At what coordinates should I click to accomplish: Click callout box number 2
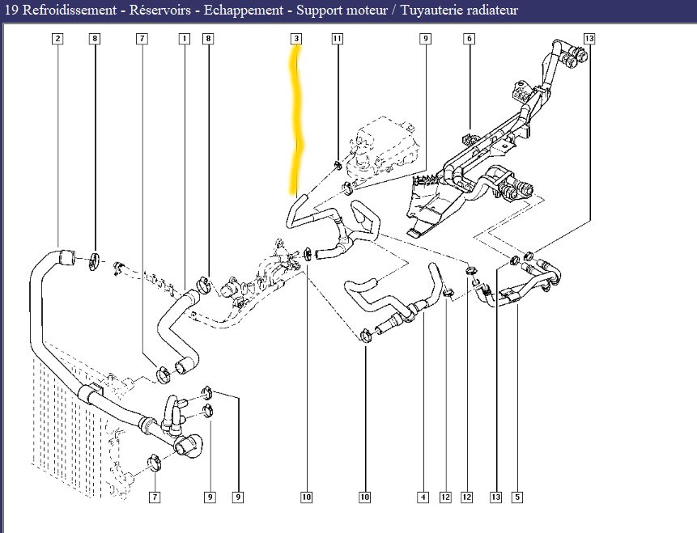[57, 39]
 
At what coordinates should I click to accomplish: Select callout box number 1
[184, 39]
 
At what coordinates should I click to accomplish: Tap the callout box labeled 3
[296, 39]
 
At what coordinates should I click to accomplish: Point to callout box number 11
[338, 39]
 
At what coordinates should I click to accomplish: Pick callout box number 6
[469, 39]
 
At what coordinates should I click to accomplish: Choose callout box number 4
[423, 497]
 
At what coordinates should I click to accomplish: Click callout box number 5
[517, 497]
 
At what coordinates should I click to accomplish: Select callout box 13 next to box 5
[495, 497]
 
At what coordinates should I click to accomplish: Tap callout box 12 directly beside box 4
[445, 497]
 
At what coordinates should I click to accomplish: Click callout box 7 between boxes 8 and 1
[142, 39]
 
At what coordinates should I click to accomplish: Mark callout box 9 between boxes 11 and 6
[425, 39]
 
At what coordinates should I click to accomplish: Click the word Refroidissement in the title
[70, 11]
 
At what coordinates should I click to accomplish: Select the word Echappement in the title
[244, 11]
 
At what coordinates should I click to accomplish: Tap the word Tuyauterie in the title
[430, 11]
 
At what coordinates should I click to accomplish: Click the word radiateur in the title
[491, 11]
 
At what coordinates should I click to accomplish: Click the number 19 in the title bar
[11, 11]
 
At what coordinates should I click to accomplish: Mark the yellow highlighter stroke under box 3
[296, 120]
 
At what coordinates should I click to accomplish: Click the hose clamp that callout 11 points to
[338, 165]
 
